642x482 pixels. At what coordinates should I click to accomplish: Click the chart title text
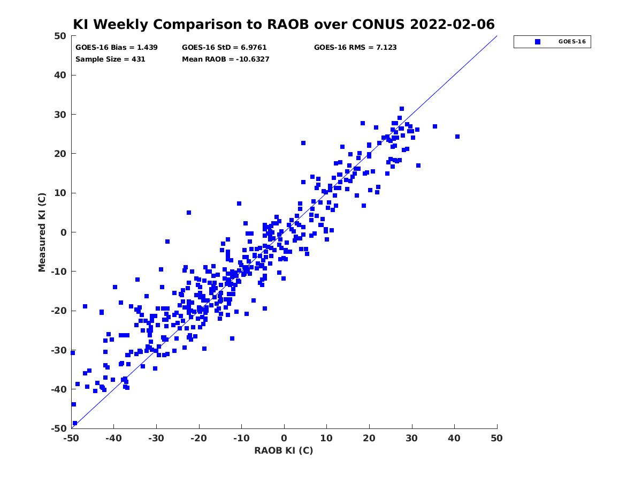284,24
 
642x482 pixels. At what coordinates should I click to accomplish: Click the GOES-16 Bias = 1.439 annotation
117,48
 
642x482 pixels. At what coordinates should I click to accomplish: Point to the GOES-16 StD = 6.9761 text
224,48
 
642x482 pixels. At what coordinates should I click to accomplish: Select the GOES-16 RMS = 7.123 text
355,48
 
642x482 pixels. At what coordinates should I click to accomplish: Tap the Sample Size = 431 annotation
110,59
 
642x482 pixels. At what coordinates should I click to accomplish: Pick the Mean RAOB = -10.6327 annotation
226,59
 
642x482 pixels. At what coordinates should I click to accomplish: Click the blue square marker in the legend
537,42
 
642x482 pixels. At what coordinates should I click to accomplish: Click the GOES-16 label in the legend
572,42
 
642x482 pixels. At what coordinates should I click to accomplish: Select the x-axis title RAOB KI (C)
284,450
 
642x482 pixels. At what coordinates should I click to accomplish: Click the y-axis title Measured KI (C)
42,232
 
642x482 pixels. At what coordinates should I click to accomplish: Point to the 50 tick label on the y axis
60,36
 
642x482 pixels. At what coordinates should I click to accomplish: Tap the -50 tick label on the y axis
59,428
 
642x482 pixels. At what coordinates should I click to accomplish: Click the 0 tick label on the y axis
64,232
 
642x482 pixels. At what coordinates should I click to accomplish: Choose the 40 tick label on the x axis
454,438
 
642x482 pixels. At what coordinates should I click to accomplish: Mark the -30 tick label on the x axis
156,438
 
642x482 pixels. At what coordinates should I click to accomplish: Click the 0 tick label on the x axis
284,438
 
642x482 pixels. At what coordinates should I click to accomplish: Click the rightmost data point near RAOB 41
457,137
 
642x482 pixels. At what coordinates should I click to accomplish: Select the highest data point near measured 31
402,109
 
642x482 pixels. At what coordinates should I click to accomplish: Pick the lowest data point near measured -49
75,423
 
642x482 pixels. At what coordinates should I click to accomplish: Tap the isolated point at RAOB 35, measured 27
434,126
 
